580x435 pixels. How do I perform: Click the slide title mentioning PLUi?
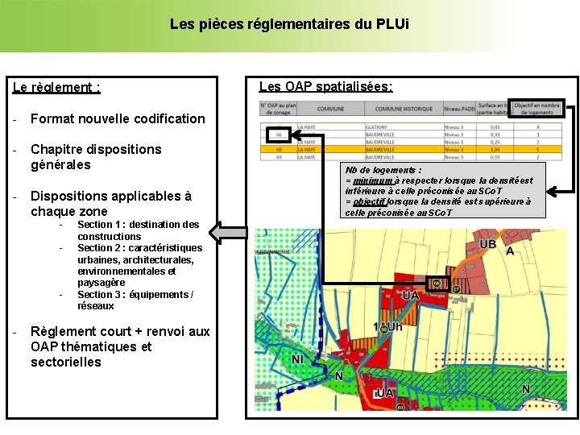click(289, 24)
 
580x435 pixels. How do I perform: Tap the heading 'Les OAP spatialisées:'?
click(325, 86)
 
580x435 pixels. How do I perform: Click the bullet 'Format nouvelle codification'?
click(118, 118)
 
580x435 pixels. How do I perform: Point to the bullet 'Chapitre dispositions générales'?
click(95, 157)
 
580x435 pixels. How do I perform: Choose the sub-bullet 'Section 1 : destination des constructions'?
click(138, 230)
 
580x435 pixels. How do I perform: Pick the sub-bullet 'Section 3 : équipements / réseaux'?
click(135, 300)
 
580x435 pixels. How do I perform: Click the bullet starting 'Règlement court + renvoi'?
click(119, 346)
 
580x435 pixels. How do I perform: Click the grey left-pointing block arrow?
click(228, 234)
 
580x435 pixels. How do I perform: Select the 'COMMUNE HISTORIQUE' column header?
click(404, 109)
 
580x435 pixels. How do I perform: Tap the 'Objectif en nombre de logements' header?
click(537, 108)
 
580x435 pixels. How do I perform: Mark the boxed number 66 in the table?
click(278, 134)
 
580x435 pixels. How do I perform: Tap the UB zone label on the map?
click(488, 244)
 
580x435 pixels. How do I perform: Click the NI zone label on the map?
click(297, 358)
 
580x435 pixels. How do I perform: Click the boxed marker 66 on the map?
click(437, 283)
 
